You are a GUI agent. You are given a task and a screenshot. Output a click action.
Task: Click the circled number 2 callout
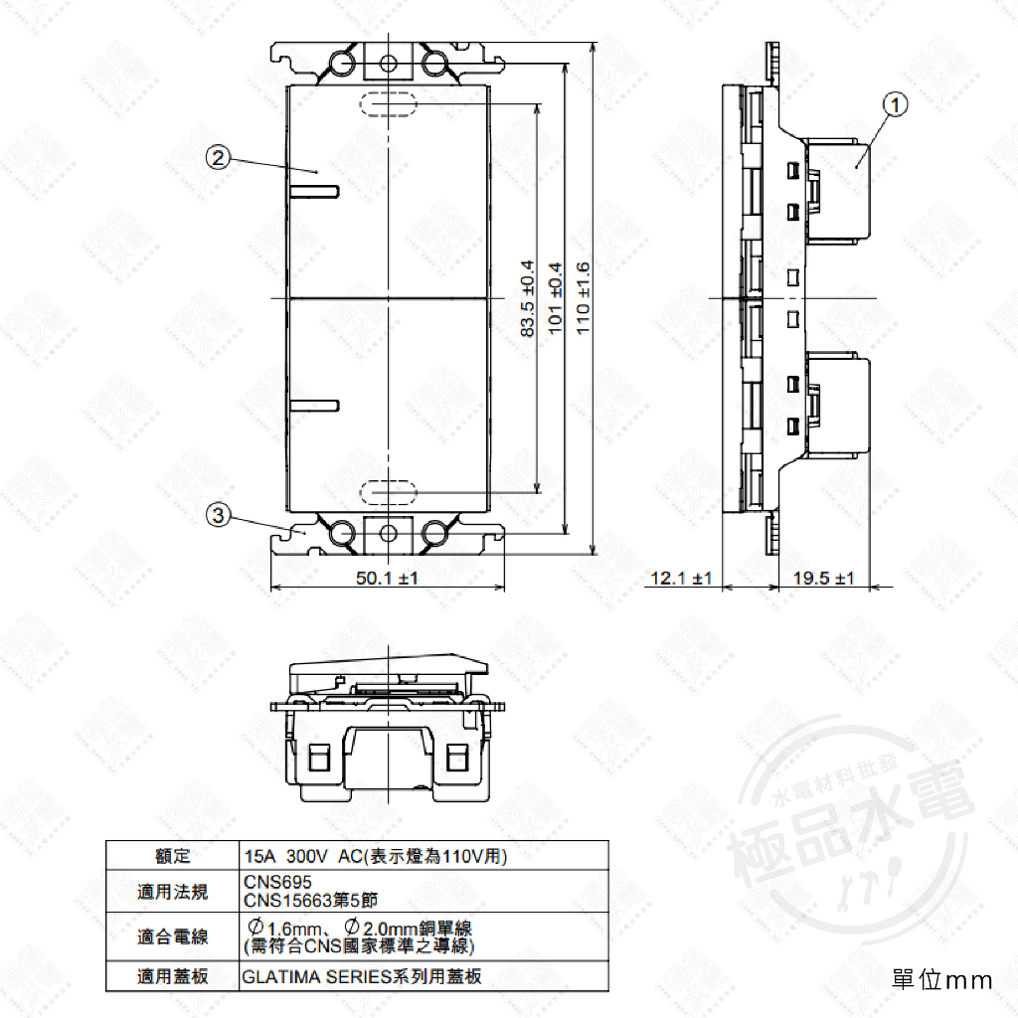tap(219, 156)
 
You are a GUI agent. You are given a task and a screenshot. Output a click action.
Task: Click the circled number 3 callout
tap(219, 514)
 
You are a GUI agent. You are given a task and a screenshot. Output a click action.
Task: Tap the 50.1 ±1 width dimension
tap(387, 578)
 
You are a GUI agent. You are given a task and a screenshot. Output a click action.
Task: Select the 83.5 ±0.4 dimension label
tap(528, 298)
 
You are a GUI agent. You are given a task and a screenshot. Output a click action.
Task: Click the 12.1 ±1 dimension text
tap(681, 579)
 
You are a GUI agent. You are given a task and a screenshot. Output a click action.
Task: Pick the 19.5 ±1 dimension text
tap(824, 579)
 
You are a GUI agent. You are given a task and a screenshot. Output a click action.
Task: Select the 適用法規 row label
tap(173, 892)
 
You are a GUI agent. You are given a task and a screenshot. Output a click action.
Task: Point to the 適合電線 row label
tap(173, 936)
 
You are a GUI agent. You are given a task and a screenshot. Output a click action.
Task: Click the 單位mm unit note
tap(942, 980)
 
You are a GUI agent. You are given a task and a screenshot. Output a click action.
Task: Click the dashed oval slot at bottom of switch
tap(388, 490)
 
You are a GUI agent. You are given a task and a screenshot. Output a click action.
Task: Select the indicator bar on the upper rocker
tap(315, 188)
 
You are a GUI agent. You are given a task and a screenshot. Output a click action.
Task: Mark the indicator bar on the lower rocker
tap(315, 405)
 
